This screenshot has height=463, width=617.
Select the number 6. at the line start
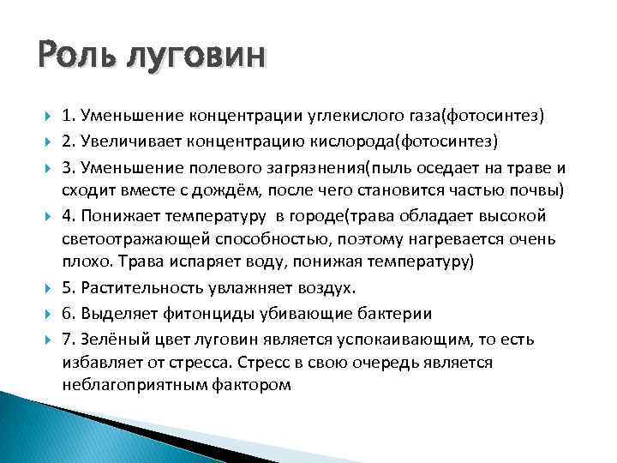[69, 313]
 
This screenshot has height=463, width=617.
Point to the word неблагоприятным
[132, 386]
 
